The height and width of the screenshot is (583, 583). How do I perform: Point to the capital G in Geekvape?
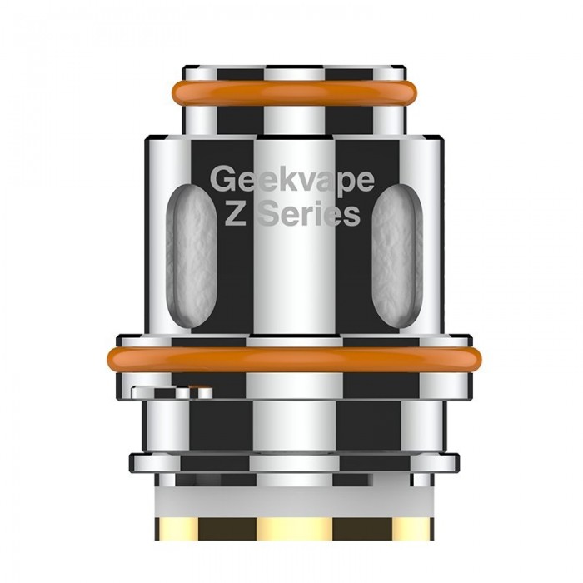tap(222, 180)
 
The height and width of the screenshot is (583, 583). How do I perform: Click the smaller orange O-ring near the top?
tap(291, 92)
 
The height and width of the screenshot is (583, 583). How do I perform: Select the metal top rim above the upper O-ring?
tap(291, 71)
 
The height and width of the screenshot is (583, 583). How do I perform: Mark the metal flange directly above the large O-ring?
tap(291, 341)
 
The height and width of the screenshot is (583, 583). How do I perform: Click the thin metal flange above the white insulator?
tap(291, 463)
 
